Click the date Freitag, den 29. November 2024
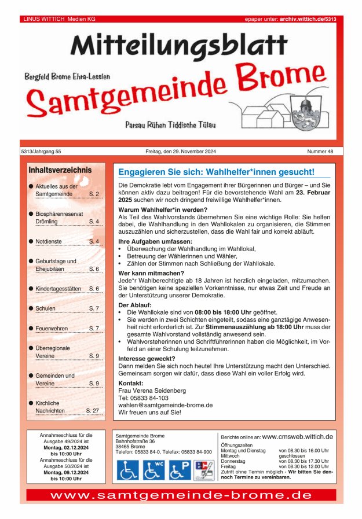[x=181, y=152]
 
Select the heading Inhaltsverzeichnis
[x=60, y=170]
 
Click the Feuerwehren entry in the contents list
[x=52, y=329]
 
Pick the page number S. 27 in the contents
[x=92, y=410]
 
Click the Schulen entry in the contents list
[x=46, y=308]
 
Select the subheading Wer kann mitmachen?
[x=151, y=273]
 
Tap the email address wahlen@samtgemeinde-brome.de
[x=165, y=405]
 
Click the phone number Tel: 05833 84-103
[x=143, y=398]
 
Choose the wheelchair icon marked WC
[x=154, y=470]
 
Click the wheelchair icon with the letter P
[x=180, y=470]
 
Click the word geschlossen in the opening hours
[x=291, y=456]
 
